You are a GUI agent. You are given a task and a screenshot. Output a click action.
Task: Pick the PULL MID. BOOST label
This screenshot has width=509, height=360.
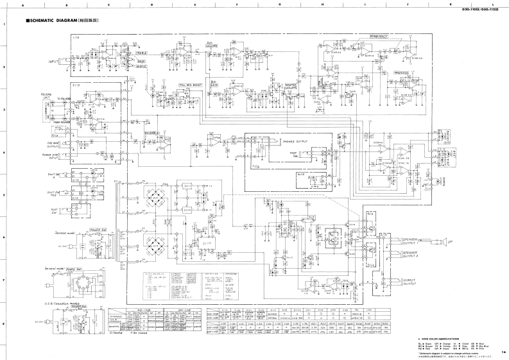coord(191,84)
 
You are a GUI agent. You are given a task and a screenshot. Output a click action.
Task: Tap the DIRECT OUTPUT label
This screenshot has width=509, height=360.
coord(411,281)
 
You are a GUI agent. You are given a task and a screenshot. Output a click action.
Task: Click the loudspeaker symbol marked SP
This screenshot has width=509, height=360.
coord(444,241)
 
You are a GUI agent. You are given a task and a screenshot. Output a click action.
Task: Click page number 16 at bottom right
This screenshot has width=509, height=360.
coord(504,352)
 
